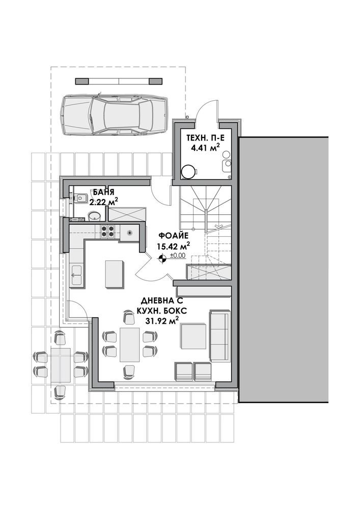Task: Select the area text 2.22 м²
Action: (x=103, y=202)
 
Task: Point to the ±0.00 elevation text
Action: (x=178, y=256)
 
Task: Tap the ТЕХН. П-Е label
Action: (x=205, y=138)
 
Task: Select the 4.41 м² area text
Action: (x=206, y=148)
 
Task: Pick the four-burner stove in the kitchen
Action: (x=108, y=231)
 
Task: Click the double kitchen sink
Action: (x=76, y=275)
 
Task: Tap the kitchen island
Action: (x=115, y=274)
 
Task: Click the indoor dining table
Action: (x=130, y=345)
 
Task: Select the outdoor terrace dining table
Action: (x=61, y=365)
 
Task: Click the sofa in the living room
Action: (x=220, y=335)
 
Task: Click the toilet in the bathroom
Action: (x=79, y=197)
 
